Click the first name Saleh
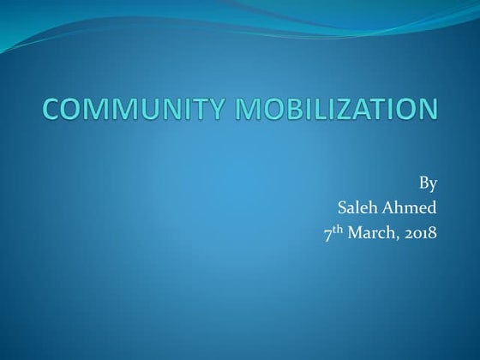click(358, 207)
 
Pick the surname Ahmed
click(411, 207)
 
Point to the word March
click(370, 231)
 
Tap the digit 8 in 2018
click(432, 231)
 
